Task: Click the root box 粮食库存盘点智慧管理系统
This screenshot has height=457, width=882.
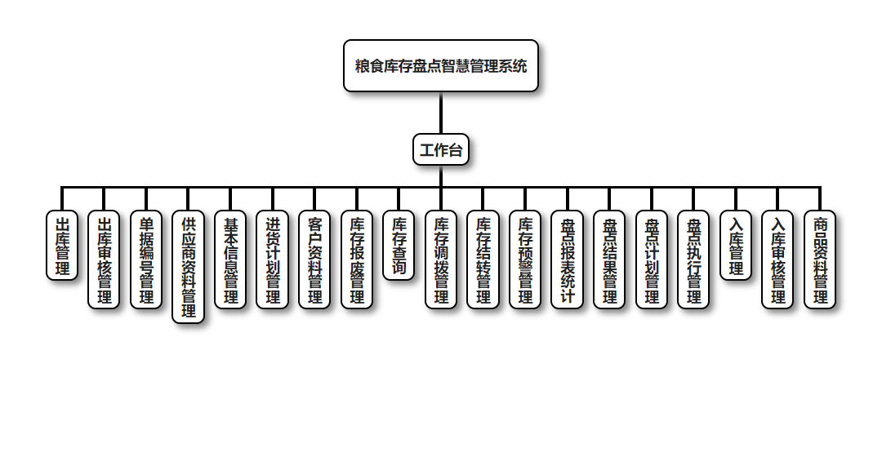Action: tap(441, 66)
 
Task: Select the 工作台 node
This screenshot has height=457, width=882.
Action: tap(441, 150)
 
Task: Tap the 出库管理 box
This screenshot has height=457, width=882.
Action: tap(62, 246)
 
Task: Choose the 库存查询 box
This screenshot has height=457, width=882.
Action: tap(399, 246)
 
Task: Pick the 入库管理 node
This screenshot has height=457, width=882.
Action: tap(736, 246)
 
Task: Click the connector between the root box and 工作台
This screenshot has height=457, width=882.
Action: tap(441, 113)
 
